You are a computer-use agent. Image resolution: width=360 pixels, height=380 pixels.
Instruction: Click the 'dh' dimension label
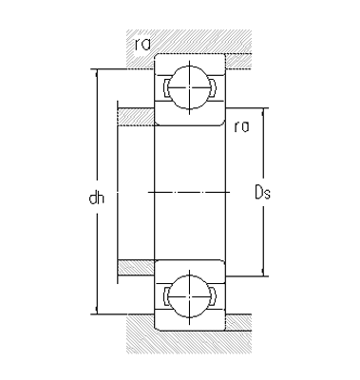(96, 199)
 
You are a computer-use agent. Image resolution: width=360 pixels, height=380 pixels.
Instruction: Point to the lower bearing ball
(189, 294)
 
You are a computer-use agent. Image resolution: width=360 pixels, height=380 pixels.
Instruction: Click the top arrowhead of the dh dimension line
(96, 73)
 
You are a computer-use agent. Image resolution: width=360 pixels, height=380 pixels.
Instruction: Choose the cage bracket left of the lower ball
(168, 294)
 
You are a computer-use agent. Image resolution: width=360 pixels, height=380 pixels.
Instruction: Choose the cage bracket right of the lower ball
(211, 294)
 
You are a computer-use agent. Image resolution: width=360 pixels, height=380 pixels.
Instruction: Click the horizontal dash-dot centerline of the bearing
(189, 192)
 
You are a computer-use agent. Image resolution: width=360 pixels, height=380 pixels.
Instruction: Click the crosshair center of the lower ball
(189, 294)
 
